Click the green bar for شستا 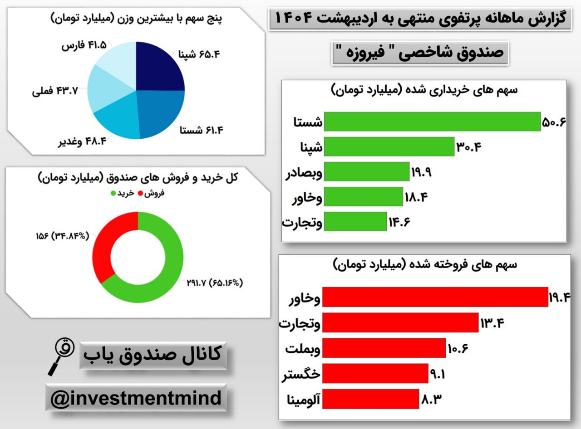click(432, 122)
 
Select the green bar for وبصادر click(367, 172)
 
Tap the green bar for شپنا click(389, 146)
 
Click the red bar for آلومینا click(370, 399)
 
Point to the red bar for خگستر click(375, 374)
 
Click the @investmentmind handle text click(136, 399)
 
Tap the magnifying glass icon click(60, 356)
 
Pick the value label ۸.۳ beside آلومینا click(431, 399)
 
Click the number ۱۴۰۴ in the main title click(295, 19)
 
